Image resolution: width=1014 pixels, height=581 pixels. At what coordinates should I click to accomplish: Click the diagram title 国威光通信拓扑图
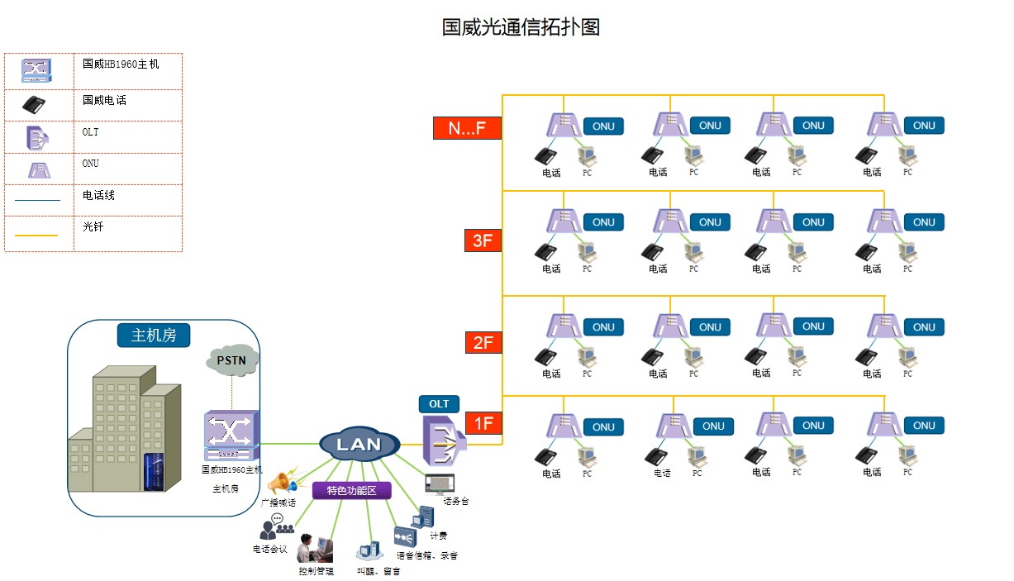tap(521, 27)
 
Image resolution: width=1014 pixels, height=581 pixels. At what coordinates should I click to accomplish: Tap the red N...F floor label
tap(467, 128)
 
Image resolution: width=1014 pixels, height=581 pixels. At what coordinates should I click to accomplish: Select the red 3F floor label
tap(483, 240)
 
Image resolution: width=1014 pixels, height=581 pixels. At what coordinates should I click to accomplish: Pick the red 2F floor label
tap(483, 341)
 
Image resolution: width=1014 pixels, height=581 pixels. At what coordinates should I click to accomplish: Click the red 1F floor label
tap(483, 423)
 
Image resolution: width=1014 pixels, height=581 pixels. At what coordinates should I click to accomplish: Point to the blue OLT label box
tap(439, 404)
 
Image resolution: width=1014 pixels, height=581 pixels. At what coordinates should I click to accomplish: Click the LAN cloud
tap(359, 445)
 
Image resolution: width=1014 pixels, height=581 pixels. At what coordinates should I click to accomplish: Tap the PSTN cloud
tap(231, 361)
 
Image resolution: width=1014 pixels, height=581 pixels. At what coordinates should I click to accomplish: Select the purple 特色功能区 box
tap(351, 491)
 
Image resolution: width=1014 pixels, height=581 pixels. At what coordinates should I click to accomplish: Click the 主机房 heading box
tap(155, 335)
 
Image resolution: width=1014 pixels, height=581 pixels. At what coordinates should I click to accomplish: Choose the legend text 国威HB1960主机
tap(121, 64)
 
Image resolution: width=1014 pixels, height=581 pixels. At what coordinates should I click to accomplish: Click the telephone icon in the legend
tap(34, 104)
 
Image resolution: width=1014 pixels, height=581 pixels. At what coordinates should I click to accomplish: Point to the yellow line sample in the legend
tap(36, 236)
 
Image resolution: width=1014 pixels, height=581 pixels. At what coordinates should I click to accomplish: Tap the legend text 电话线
tap(98, 196)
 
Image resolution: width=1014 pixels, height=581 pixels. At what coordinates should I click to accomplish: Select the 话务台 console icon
tap(439, 483)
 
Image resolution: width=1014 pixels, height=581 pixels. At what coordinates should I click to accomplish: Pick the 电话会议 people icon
tap(275, 526)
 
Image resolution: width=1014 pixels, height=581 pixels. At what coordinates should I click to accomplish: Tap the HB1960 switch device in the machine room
tap(231, 436)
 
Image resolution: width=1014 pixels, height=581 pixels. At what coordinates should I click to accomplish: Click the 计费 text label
tap(438, 536)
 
